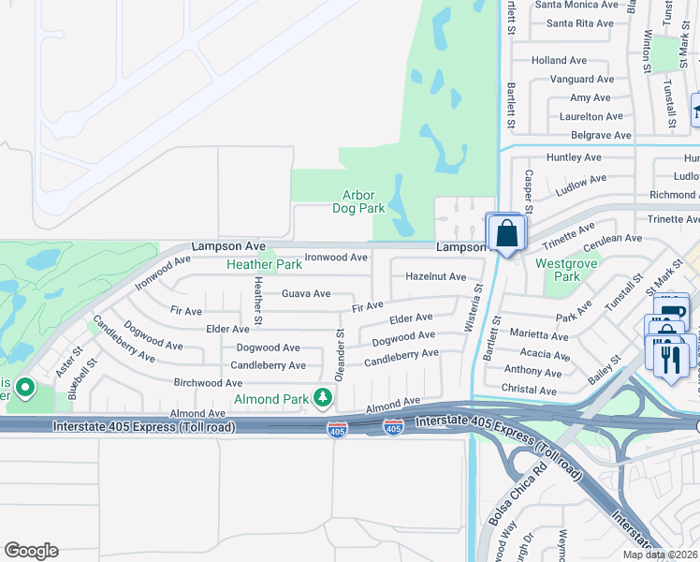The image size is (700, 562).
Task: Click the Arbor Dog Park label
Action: click(358, 201)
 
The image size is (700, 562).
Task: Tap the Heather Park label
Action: click(264, 264)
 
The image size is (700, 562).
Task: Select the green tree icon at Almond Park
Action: click(323, 398)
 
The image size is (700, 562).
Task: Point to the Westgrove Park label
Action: click(559, 270)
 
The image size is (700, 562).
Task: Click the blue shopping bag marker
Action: click(506, 234)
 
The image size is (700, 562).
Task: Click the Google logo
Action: click(31, 551)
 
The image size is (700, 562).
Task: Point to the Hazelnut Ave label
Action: click(435, 276)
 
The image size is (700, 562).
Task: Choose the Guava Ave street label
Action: click(307, 293)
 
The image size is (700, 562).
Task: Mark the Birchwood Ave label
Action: click(208, 382)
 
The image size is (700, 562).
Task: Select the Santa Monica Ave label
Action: click(576, 5)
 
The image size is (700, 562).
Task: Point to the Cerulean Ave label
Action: click(612, 239)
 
